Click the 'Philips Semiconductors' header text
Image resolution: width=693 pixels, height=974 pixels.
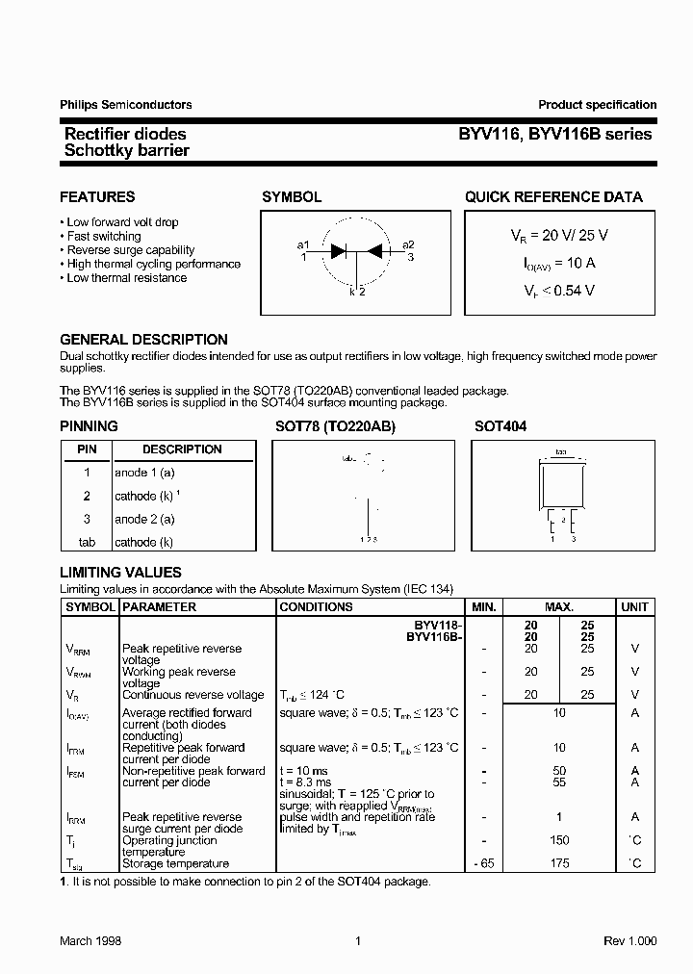[x=125, y=105]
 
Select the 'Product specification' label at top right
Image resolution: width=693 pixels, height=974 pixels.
[x=597, y=105]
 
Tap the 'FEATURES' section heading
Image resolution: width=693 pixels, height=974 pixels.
[x=97, y=197]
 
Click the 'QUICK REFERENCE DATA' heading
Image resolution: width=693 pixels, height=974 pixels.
[x=553, y=197]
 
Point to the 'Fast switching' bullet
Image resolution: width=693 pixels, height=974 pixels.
[x=103, y=236]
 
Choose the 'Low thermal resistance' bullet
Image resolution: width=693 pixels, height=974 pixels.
[x=126, y=278]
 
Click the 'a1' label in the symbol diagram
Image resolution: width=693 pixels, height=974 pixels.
[x=303, y=244]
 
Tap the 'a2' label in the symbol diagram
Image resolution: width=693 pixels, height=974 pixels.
[x=408, y=244]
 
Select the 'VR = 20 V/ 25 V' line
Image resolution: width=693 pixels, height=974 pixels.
[x=558, y=235]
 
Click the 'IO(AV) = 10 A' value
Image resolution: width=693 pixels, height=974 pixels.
[x=558, y=262]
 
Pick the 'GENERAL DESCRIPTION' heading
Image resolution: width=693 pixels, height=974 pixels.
[x=143, y=340]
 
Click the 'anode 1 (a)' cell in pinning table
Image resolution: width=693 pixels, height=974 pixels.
[x=144, y=473]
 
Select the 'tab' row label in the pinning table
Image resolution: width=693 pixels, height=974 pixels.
[x=87, y=542]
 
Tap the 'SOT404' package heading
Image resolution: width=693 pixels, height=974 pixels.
[x=500, y=425]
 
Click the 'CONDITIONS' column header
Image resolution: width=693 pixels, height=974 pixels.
[x=316, y=607]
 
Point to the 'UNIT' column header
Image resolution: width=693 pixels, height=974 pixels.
[x=634, y=607]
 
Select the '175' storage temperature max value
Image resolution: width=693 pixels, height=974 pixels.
[x=559, y=863]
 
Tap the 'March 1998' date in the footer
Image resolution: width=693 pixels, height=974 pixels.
[x=90, y=941]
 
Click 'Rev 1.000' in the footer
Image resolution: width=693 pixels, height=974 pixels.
[x=629, y=941]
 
